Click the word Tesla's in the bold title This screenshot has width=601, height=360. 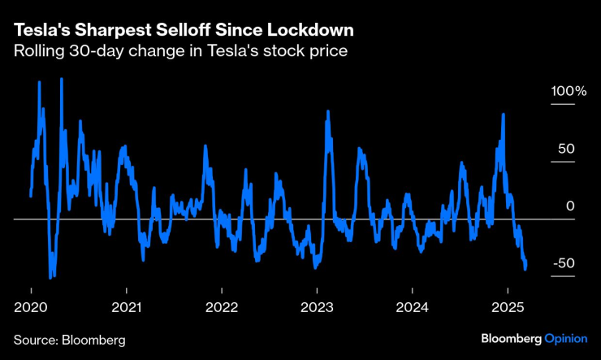click(40, 29)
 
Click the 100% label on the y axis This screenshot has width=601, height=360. click(569, 91)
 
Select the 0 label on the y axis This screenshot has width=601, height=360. click(570, 206)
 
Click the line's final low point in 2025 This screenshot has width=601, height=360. click(525, 268)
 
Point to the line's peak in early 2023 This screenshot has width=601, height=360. click(326, 112)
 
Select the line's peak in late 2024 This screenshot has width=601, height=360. click(504, 115)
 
